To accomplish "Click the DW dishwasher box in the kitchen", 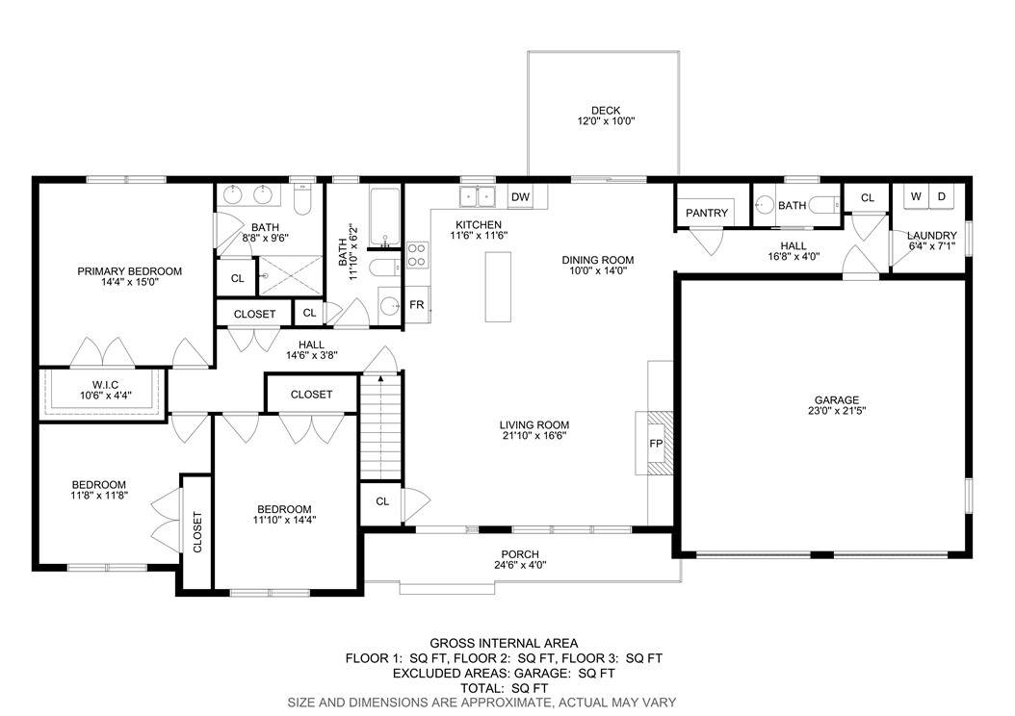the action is (520, 196).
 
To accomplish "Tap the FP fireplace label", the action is (656, 444).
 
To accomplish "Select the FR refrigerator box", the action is (417, 304).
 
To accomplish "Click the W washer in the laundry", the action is (916, 196).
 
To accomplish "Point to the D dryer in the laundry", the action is (942, 196).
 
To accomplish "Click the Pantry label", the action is (707, 213).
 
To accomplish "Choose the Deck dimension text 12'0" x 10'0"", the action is (606, 121).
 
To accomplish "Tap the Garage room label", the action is (837, 399).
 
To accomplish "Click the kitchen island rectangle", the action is (499, 287).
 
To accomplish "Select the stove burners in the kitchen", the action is (418, 254).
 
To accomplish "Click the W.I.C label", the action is (106, 385).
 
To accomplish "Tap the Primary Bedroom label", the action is (129, 271).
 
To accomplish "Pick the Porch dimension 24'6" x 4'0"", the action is (520, 565).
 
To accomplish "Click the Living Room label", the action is (534, 425).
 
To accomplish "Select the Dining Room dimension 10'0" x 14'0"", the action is (598, 271).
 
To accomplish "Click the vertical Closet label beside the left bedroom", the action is (197, 532).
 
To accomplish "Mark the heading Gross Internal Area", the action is (505, 643).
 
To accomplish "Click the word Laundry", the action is (931, 236).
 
